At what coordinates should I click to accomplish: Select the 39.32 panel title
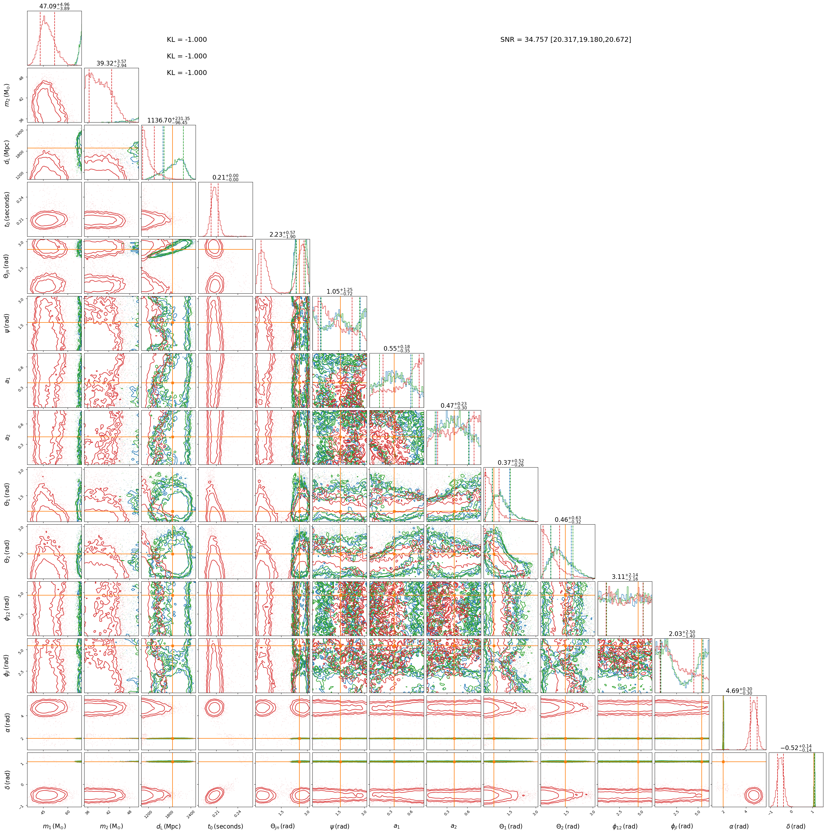(x=111, y=64)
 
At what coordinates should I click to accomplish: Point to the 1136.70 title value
(x=168, y=120)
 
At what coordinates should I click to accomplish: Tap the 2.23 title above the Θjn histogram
(x=282, y=234)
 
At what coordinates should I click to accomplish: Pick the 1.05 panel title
(x=339, y=291)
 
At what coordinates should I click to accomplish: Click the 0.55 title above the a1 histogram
(x=397, y=348)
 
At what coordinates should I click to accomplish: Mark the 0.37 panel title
(x=511, y=462)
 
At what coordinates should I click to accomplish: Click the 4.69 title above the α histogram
(x=739, y=691)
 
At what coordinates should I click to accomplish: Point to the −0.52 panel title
(x=796, y=748)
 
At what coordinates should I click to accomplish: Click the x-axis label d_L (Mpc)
(x=168, y=826)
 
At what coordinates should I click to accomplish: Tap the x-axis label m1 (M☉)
(x=54, y=826)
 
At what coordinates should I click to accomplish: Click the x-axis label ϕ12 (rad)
(x=625, y=826)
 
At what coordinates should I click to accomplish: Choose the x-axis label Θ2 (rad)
(x=568, y=826)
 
